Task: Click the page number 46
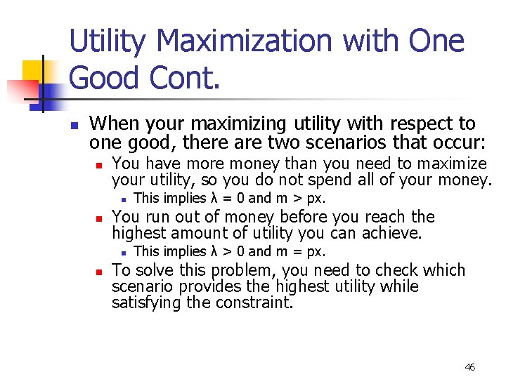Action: click(469, 367)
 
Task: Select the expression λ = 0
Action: click(228, 199)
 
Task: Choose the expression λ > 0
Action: click(228, 251)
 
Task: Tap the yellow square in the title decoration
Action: click(33, 71)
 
